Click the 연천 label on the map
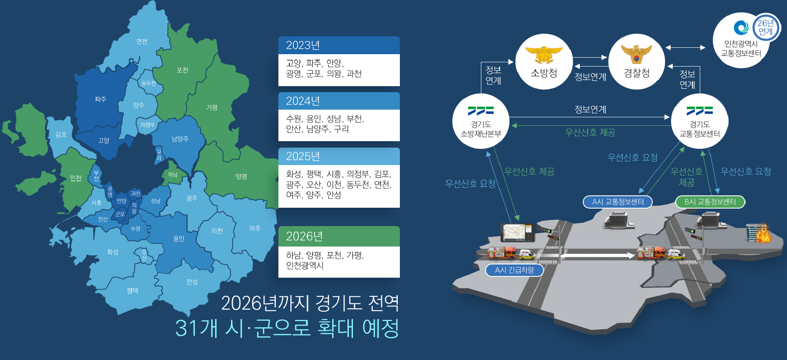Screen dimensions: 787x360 pos(142,41)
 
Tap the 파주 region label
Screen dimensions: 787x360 pos(101,99)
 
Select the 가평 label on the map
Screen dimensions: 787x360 pos(212,107)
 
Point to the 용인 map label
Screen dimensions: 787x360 pos(179,239)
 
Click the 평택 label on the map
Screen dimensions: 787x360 pos(133,290)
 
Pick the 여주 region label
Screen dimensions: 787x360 pos(255,229)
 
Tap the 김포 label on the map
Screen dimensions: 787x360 pos(61,134)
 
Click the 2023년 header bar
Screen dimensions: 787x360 pos(339,45)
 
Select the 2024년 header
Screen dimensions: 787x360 pos(339,101)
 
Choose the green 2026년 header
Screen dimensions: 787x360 pos(339,236)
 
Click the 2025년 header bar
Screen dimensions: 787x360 pos(339,157)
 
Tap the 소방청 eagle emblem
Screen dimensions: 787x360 pos(544,55)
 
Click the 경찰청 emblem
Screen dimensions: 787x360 pos(637,55)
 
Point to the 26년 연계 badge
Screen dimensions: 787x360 pos(766,27)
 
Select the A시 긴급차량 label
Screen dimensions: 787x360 pos(515,270)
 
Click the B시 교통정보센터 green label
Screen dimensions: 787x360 pos(710,202)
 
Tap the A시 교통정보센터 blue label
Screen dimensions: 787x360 pos(618,202)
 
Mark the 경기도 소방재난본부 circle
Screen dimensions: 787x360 pos(481,121)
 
